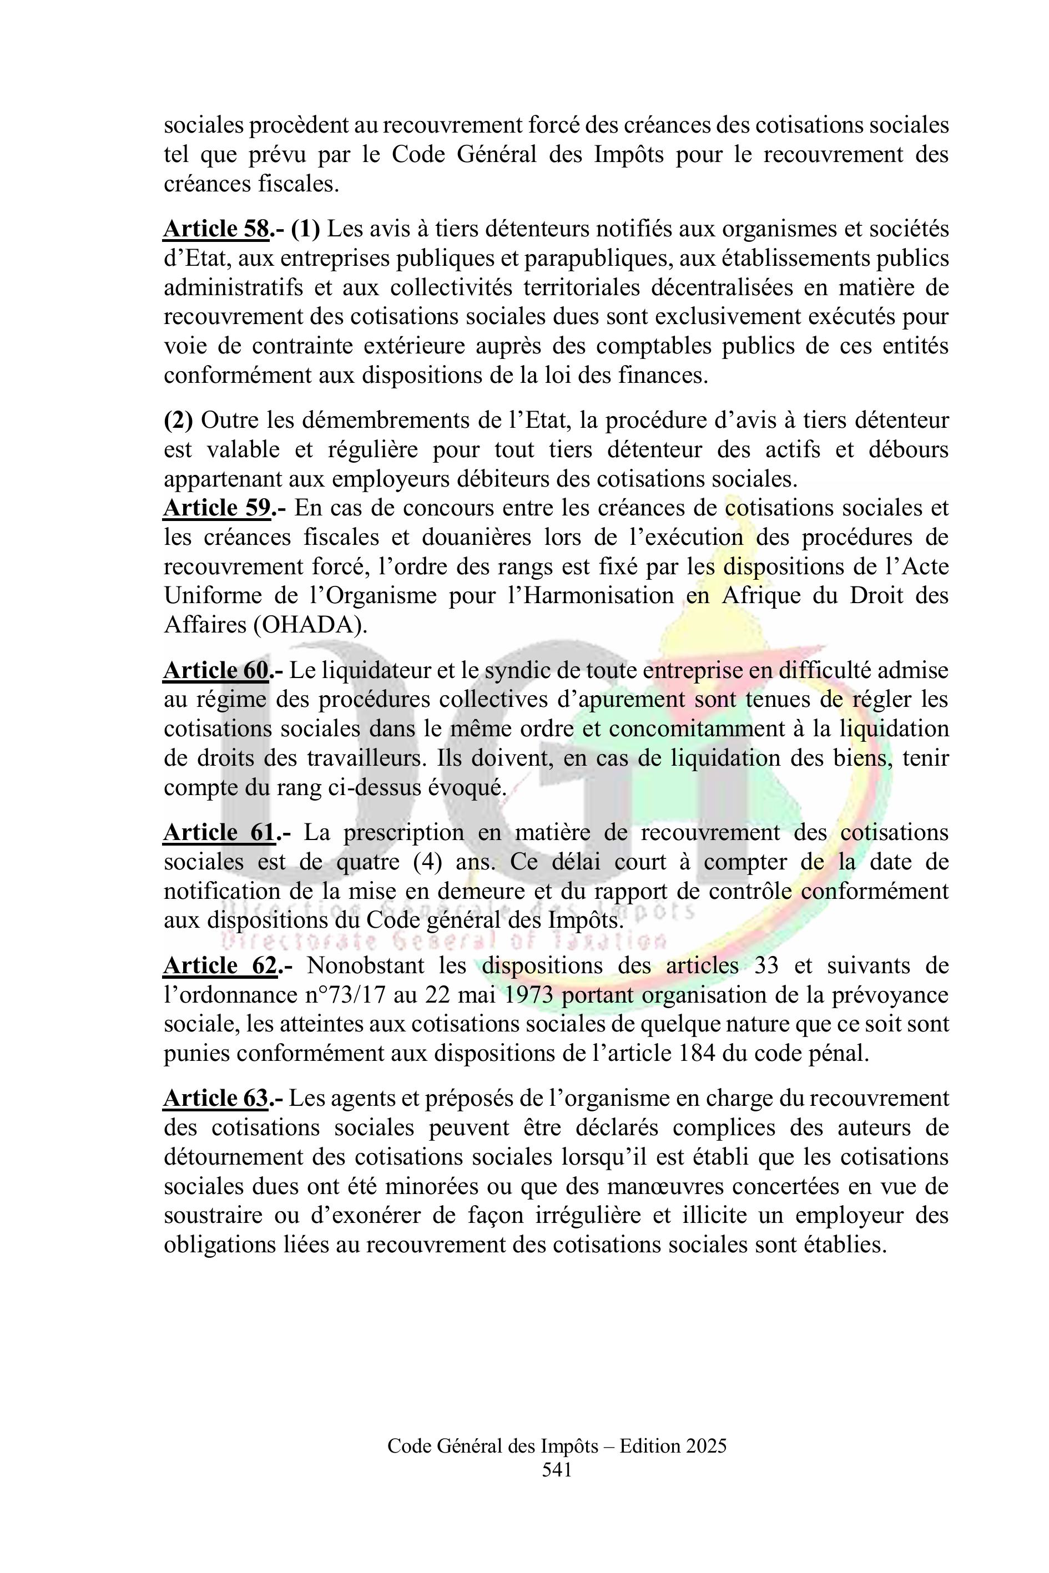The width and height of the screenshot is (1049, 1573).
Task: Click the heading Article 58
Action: tap(216, 229)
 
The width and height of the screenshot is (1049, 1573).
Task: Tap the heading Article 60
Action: tap(216, 670)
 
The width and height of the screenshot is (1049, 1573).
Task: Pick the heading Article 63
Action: tap(216, 1099)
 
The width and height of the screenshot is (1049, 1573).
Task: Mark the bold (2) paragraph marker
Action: tap(178, 421)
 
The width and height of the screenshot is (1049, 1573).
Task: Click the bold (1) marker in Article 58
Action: tap(306, 229)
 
